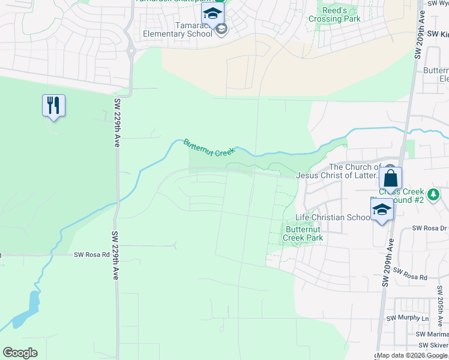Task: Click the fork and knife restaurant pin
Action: (x=53, y=106)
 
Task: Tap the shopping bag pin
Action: (x=390, y=178)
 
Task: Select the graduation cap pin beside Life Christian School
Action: (x=382, y=209)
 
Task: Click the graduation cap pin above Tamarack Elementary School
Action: (x=212, y=13)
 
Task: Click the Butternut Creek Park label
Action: (x=304, y=233)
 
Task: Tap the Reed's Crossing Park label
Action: (x=334, y=15)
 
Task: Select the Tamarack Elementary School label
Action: (x=177, y=29)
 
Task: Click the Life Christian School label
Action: (x=333, y=217)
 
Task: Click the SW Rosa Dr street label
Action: (x=430, y=229)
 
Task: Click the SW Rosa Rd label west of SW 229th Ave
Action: (x=92, y=254)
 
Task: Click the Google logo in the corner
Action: (x=20, y=353)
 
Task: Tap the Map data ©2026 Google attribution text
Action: (x=412, y=355)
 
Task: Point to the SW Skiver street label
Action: (x=433, y=345)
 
